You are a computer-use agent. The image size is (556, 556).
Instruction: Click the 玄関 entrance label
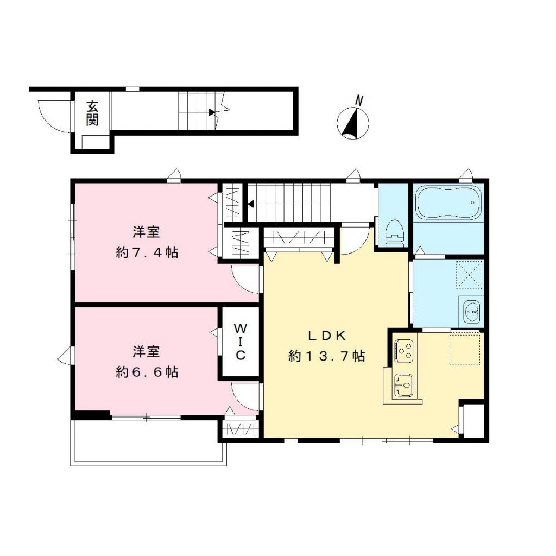click(x=92, y=113)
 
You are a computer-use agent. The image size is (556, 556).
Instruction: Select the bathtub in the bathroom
click(x=448, y=203)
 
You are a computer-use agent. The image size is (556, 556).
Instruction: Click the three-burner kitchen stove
click(x=404, y=350)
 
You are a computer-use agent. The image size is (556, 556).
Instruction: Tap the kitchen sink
click(x=404, y=384)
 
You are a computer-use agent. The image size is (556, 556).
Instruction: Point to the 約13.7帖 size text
click(x=326, y=356)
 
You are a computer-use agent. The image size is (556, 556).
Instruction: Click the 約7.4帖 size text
click(x=147, y=252)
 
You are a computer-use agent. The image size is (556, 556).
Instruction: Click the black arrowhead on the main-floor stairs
click(x=251, y=205)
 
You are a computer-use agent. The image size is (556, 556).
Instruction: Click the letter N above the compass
click(x=358, y=100)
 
